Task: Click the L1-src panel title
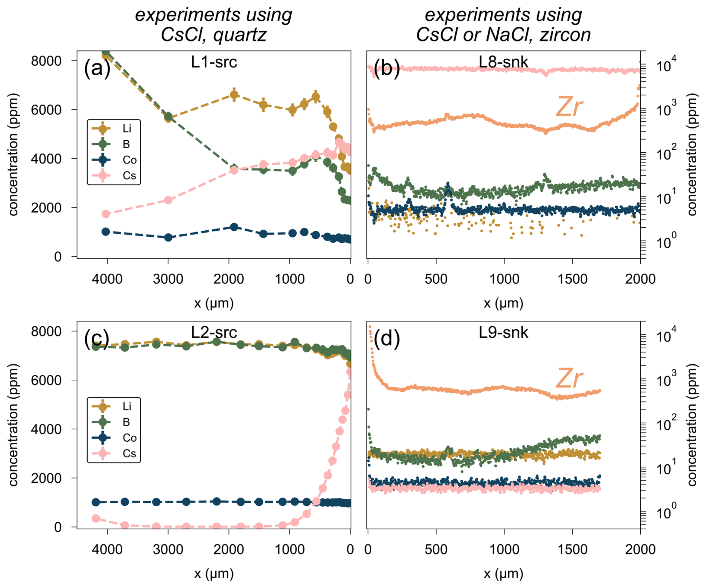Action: coord(214,62)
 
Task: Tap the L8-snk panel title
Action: coord(503,62)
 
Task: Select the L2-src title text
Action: coord(214,332)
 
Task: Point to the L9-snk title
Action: coord(503,332)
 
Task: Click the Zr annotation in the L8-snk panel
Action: coord(569,107)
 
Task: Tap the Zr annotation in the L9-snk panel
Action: coord(569,378)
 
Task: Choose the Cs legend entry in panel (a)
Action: coord(114,175)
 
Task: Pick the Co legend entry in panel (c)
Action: coord(114,438)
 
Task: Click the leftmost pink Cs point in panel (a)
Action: coord(106,214)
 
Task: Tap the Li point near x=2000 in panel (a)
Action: coord(234,95)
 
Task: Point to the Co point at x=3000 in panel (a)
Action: coord(168,237)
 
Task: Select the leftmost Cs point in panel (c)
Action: coord(96,518)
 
